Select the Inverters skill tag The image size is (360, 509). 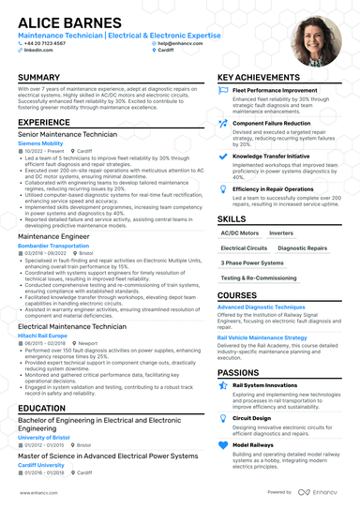[x=281, y=232]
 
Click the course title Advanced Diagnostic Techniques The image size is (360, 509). [x=261, y=307]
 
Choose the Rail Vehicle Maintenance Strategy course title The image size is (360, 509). [x=262, y=337]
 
